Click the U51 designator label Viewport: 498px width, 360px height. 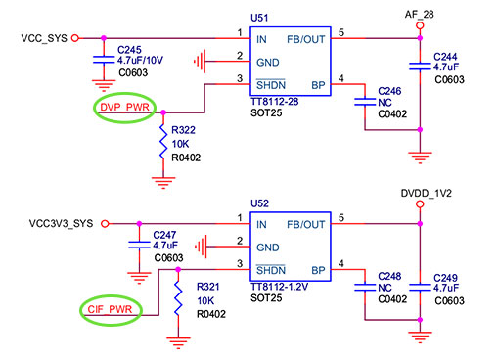pyautogui.click(x=259, y=18)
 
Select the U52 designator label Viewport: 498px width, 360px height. pyautogui.click(x=259, y=203)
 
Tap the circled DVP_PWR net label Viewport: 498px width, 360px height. pyautogui.click(x=124, y=107)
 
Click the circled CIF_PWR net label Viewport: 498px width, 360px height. pyautogui.click(x=110, y=309)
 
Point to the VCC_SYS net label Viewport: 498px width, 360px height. pyautogui.click(x=44, y=38)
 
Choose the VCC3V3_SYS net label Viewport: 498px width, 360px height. pyautogui.click(x=61, y=224)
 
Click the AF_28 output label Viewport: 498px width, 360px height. pyautogui.click(x=420, y=15)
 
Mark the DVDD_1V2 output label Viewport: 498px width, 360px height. pyautogui.click(x=426, y=194)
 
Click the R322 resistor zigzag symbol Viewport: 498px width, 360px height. pyautogui.click(x=163, y=142)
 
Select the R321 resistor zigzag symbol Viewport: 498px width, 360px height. pyautogui.click(x=178, y=298)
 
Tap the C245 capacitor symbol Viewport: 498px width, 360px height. pyautogui.click(x=104, y=60)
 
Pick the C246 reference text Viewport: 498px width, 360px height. pyautogui.click(x=389, y=91)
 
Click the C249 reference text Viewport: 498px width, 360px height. pyautogui.click(x=445, y=278)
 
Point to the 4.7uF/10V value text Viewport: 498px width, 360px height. pyautogui.click(x=140, y=61)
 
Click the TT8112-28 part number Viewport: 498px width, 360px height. pyautogui.click(x=275, y=102)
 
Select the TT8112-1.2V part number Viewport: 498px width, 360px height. pyautogui.click(x=279, y=287)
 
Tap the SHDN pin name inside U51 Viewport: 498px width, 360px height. pyautogui.click(x=271, y=85)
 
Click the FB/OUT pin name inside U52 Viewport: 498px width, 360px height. pyautogui.click(x=306, y=225)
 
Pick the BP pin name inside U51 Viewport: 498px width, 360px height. pyautogui.click(x=318, y=85)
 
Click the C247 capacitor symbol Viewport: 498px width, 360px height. pyautogui.click(x=139, y=245)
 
